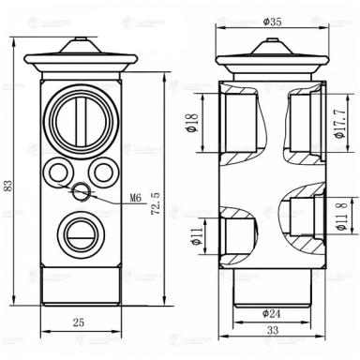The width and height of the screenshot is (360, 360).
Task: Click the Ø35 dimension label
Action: (x=273, y=21)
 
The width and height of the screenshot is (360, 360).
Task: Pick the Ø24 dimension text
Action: (x=272, y=312)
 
